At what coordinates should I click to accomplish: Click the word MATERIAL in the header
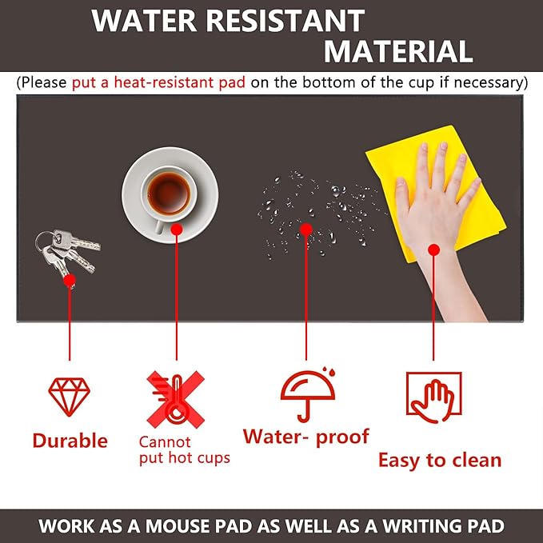tap(397, 51)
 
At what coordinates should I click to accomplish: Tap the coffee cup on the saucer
tap(170, 193)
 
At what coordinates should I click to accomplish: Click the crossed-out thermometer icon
tap(175, 398)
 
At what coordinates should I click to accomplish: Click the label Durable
tap(70, 441)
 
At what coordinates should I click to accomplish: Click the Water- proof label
tap(306, 437)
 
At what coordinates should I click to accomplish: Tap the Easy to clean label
tap(439, 460)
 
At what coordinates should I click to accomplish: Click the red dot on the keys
tap(70, 280)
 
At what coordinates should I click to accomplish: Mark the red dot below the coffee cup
tap(176, 230)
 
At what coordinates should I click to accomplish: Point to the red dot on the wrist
tap(433, 250)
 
